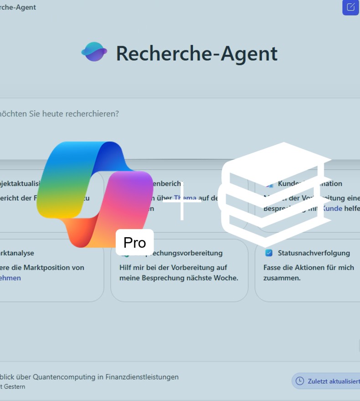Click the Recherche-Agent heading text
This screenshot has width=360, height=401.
tap(196, 53)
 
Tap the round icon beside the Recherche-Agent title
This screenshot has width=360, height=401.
tap(94, 52)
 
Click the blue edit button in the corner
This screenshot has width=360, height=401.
tap(350, 7)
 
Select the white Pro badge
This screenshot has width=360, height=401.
tap(134, 242)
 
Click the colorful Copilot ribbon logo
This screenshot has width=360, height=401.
tap(91, 191)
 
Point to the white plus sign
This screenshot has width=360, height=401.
tap(182, 200)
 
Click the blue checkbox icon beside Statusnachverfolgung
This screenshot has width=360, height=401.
tap(269, 253)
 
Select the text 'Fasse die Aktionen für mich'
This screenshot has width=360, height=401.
tap(309, 267)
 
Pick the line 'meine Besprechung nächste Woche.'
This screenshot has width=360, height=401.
tap(179, 278)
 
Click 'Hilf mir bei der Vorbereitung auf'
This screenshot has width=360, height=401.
tap(173, 267)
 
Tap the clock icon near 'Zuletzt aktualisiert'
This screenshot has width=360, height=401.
tap(300, 381)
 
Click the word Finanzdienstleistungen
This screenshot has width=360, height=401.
tap(142, 377)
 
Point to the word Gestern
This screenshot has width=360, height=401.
tap(15, 387)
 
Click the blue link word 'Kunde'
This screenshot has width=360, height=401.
tap(332, 208)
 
